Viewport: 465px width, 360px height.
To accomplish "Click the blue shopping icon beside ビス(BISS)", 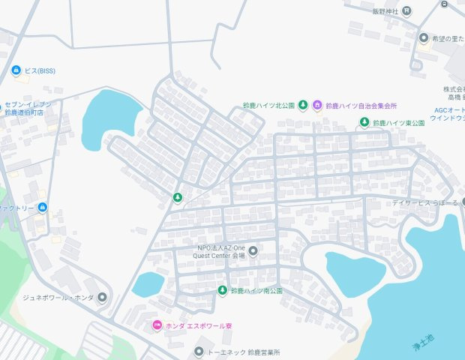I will coord(16,70).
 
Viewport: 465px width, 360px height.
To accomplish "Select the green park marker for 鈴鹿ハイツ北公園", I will coord(303,105).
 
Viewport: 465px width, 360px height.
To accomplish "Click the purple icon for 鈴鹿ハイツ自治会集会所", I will coord(317,105).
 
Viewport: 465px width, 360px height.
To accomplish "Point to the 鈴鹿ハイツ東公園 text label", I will coord(400,122).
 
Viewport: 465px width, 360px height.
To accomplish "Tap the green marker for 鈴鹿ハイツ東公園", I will coord(364,122).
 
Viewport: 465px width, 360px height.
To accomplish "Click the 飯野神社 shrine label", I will coord(386,10).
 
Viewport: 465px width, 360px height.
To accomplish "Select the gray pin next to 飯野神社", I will coord(406,10).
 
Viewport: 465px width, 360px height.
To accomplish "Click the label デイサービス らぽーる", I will coord(424,202).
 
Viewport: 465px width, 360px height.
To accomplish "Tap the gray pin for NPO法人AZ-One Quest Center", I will coord(253,251).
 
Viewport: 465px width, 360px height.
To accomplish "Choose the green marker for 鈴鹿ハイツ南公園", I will coord(222,289).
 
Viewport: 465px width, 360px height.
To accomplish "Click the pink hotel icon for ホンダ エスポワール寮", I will coord(156,325).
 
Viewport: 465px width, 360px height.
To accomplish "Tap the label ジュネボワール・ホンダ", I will coord(58,297).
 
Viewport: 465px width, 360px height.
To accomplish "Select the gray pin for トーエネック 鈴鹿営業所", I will coord(199,351).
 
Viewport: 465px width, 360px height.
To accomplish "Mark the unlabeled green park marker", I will coord(178,197).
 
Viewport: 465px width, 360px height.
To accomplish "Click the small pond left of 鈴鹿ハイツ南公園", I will coord(148,283).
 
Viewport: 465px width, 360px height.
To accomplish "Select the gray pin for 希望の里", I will coord(423,38).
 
